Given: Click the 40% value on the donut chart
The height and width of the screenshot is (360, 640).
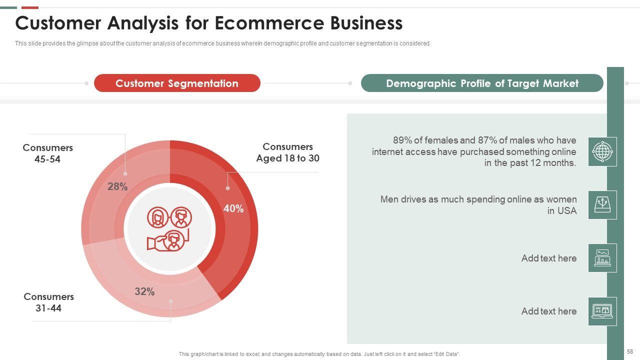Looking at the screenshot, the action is (233, 208).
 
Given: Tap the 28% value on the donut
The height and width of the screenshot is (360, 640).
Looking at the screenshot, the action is (117, 186).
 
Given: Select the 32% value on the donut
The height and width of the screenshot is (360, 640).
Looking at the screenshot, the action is (144, 291).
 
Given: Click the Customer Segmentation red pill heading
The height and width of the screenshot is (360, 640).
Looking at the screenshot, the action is (177, 83).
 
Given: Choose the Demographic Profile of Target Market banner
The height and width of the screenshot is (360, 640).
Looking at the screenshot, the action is (482, 83).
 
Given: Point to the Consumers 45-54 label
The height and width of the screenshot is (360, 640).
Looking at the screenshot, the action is (47, 153).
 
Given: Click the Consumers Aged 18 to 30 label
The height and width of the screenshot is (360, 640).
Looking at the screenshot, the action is (287, 152).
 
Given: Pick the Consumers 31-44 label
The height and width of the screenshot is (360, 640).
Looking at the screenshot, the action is (48, 302).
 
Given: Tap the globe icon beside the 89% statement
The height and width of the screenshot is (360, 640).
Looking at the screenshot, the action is (602, 151).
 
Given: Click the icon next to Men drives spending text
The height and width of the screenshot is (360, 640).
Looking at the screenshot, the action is (602, 205).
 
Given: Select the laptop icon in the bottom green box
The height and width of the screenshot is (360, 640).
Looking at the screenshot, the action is (602, 311).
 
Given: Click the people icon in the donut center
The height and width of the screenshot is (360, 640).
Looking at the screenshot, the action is (169, 229).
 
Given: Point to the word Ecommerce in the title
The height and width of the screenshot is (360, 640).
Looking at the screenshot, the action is (269, 23).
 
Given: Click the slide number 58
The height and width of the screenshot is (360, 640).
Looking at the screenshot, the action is (630, 351).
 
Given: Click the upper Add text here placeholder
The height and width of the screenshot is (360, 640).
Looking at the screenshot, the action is (549, 258).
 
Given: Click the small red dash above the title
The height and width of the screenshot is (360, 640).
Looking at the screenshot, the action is (30, 7).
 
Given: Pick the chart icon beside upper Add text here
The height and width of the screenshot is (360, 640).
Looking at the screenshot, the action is (602, 258).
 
